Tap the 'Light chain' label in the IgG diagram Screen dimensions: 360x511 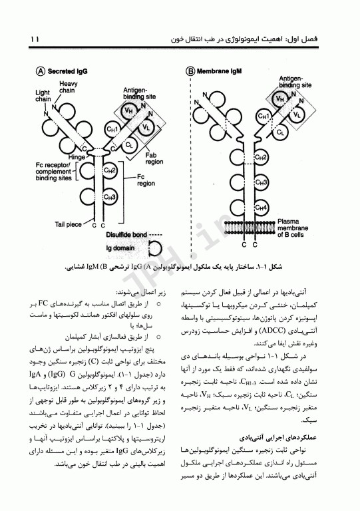pos(43,95)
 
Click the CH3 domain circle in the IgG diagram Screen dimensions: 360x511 pos(110,197)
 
